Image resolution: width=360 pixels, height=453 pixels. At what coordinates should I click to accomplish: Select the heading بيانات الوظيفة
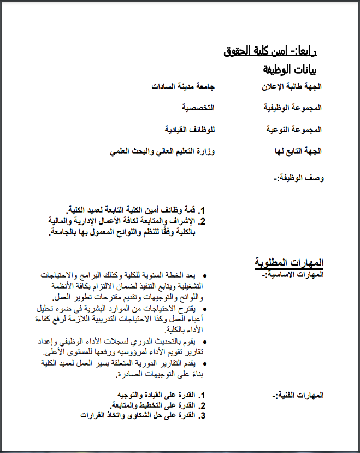[289, 69]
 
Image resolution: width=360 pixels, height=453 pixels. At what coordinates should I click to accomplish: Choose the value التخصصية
[198, 108]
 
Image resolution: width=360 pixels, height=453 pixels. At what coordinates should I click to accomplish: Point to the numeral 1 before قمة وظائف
[201, 210]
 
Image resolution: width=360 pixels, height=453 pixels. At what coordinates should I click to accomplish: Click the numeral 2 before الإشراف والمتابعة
[201, 221]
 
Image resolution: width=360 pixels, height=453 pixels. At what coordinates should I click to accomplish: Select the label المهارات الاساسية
[293, 274]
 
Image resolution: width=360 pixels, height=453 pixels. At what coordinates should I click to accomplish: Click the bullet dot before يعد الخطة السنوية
[204, 276]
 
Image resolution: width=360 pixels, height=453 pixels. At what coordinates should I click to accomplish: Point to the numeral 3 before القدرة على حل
[201, 416]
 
